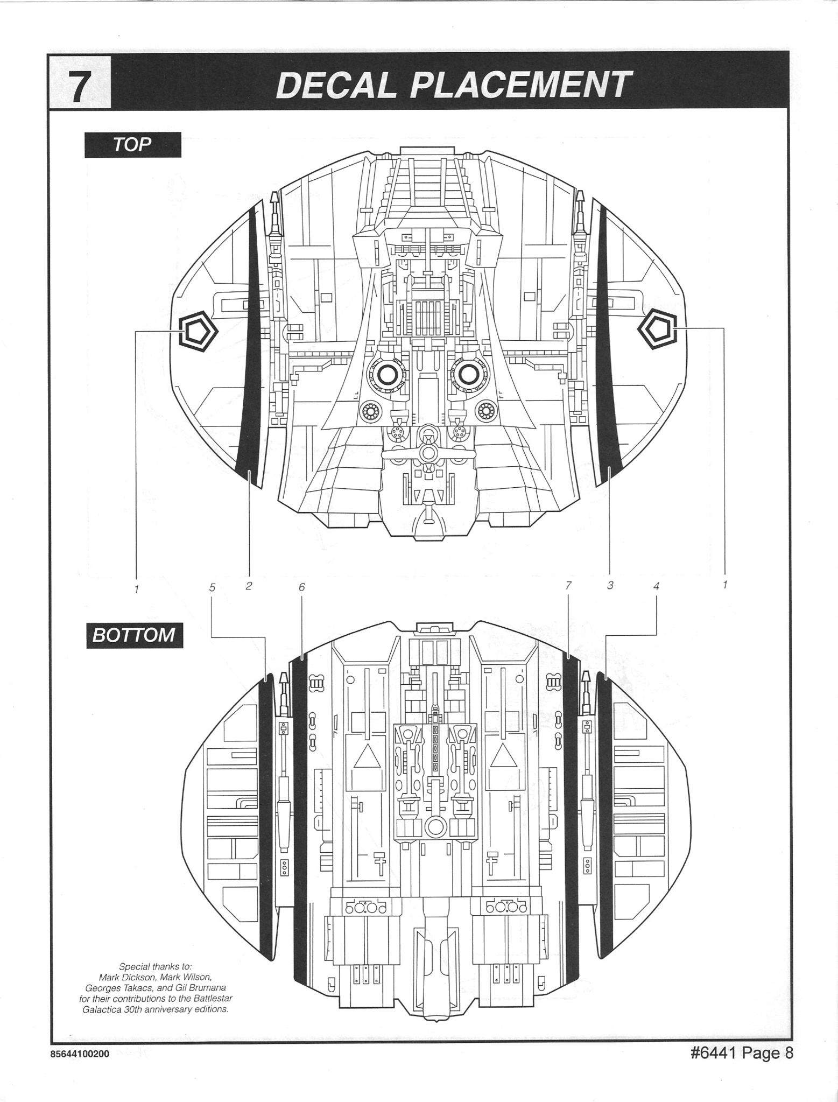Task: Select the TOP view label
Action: coord(132,144)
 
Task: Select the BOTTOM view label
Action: coord(134,635)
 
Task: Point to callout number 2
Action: coord(249,586)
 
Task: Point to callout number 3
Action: coord(610,585)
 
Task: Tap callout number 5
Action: coord(212,587)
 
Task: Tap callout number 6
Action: coord(301,587)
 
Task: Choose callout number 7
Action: coord(568,585)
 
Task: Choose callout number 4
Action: coord(656,586)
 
